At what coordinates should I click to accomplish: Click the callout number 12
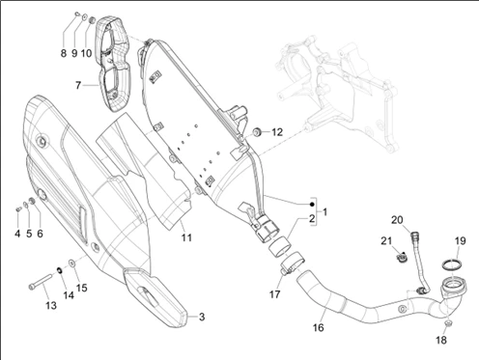click(x=277, y=132)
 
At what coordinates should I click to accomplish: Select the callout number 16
click(x=318, y=327)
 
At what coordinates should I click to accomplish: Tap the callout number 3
click(x=202, y=317)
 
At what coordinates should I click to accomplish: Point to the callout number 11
click(x=186, y=237)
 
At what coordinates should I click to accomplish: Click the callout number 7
click(x=78, y=85)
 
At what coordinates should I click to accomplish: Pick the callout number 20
click(x=397, y=220)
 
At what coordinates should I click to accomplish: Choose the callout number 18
click(x=441, y=340)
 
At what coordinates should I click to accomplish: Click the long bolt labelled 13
click(x=41, y=281)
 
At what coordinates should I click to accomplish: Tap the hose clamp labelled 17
click(x=293, y=263)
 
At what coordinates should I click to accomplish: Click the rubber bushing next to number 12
click(x=258, y=131)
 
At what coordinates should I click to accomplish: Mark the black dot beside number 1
click(x=311, y=205)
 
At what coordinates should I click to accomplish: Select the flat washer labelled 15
click(x=71, y=263)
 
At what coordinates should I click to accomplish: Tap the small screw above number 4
click(x=17, y=209)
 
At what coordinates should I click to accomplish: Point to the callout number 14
click(x=69, y=295)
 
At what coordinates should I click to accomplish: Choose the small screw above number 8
click(x=77, y=14)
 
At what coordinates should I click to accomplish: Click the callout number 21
click(x=386, y=240)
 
